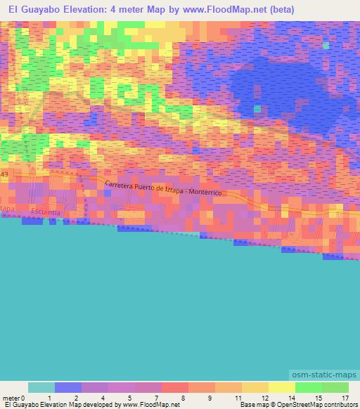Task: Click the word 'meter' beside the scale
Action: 11,398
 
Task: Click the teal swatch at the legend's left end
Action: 41,387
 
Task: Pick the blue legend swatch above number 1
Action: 68,387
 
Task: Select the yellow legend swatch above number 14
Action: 281,387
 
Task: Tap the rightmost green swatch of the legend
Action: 335,387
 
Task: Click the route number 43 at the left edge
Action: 4,174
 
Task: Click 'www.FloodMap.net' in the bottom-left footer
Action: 150,405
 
